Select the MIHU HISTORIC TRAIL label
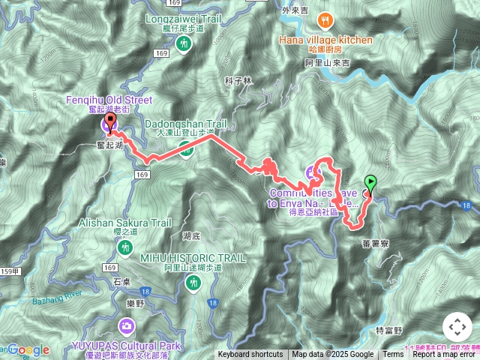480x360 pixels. pyautogui.click(x=193, y=257)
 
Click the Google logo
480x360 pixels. pyautogui.click(x=28, y=350)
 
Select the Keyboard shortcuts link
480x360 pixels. pyautogui.click(x=250, y=355)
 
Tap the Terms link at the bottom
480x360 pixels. pyautogui.click(x=393, y=355)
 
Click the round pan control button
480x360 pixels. pyautogui.click(x=457, y=328)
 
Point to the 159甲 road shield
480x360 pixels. pyautogui.click(x=8, y=271)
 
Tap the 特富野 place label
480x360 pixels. pyautogui.click(x=388, y=330)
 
